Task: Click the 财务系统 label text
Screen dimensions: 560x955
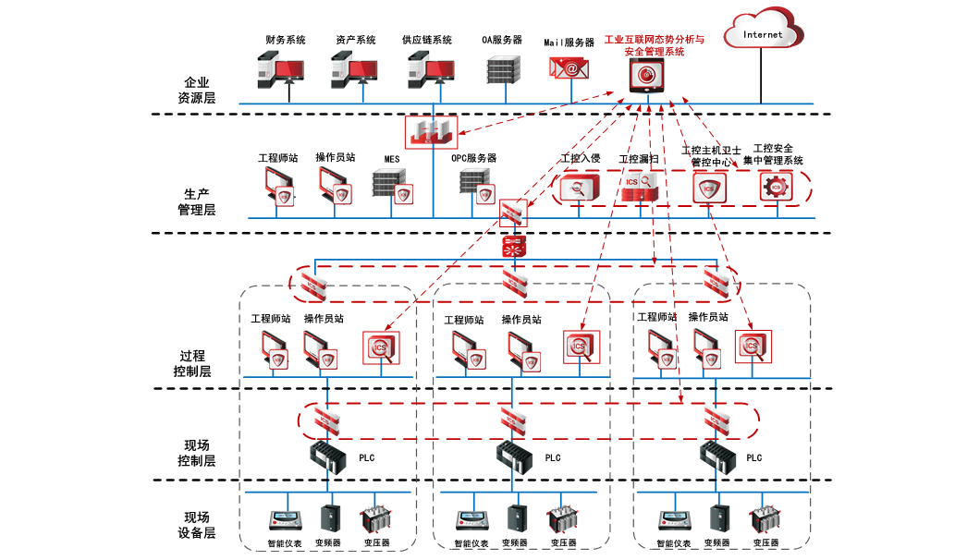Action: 285,41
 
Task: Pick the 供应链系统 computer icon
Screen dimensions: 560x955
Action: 432,69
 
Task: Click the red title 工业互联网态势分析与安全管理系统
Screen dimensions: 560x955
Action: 654,46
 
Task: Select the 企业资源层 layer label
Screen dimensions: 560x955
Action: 197,90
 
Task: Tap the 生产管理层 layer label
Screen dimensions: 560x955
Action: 197,201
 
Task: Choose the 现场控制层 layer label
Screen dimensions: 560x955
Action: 196,453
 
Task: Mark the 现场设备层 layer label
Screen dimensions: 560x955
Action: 196,525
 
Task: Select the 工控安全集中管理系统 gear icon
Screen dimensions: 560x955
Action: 775,187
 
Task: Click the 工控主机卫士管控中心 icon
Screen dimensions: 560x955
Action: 710,189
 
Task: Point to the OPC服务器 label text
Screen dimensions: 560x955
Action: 473,159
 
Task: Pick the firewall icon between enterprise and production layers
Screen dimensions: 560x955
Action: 432,131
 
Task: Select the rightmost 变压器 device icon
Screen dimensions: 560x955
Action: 763,519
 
